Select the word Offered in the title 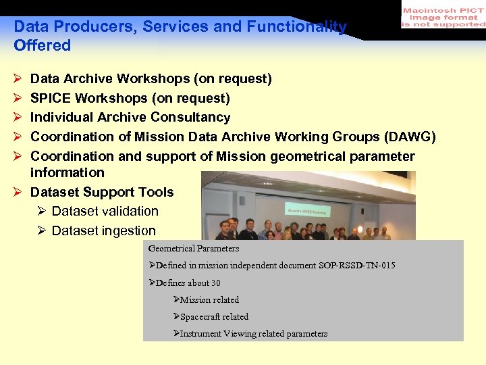[42, 45]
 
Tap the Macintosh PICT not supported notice [443, 16]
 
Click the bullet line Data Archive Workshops [151, 79]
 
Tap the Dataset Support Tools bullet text [102, 193]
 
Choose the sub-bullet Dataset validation [105, 212]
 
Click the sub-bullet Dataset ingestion [103, 231]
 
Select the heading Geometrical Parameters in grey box [194, 249]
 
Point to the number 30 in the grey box [215, 283]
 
